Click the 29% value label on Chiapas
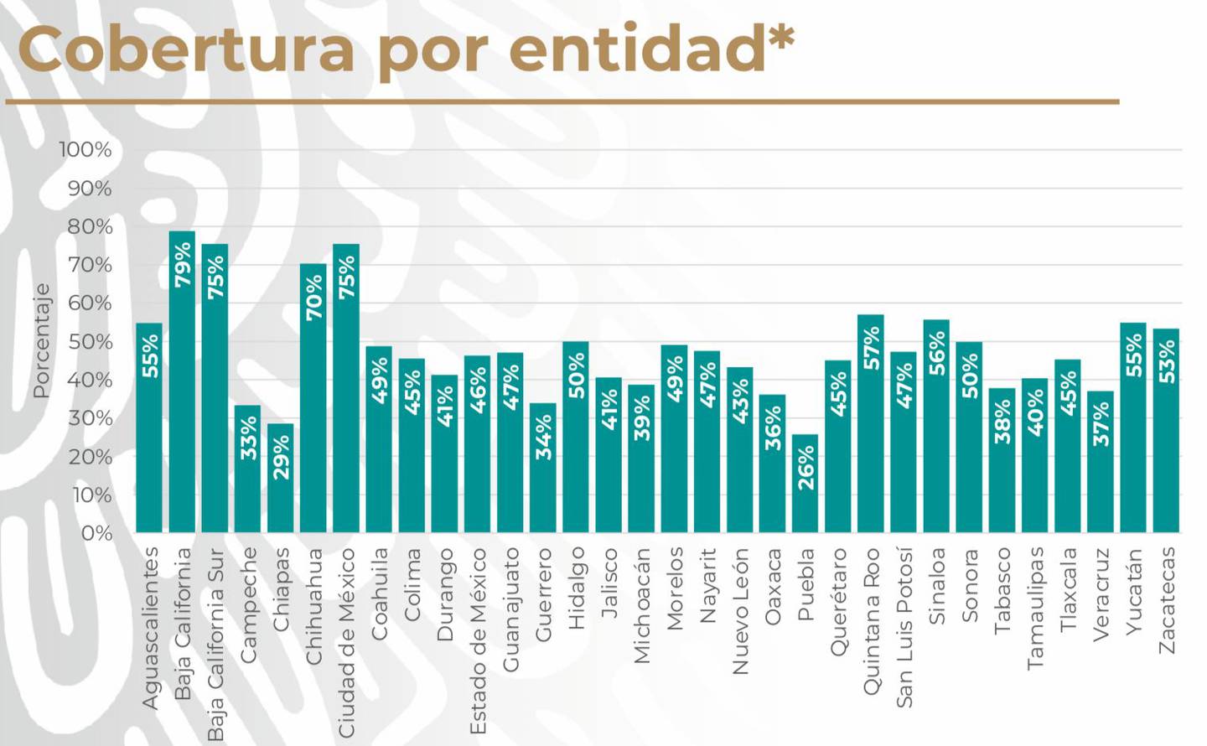281,458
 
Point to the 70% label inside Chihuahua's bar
313,298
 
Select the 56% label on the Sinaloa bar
936,353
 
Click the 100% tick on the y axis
85,150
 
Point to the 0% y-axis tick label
96,533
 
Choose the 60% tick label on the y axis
90,303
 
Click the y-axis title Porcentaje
41,340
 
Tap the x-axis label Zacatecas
1167,600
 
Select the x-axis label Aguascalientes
149,628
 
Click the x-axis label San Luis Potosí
904,627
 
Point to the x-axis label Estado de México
478,641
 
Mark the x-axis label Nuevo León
740,611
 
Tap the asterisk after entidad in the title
780,39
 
